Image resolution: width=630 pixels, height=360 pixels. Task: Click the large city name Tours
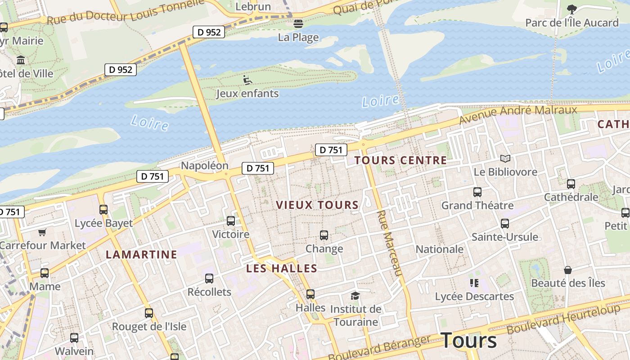469,340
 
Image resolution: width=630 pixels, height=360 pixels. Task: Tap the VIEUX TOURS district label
317,205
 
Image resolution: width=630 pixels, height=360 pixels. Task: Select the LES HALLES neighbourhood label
282,269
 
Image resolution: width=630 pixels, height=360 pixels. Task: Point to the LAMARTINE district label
141,255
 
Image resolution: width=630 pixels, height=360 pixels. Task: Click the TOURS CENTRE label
400,160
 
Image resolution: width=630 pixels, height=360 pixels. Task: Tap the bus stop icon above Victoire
231,221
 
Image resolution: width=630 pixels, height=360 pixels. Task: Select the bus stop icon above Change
324,235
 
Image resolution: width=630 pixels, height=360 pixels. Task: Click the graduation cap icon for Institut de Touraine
355,296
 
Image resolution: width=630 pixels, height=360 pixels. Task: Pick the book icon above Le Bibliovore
505,158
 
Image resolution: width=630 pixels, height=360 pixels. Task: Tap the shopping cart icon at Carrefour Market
42,232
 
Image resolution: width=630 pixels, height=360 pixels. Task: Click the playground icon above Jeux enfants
247,80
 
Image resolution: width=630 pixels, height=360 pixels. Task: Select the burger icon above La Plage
298,24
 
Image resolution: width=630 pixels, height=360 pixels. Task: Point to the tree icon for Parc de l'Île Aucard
572,9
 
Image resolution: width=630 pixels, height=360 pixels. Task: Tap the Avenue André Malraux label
517,114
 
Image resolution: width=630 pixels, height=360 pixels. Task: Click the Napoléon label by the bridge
205,166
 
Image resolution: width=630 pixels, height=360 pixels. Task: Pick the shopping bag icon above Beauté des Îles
568,270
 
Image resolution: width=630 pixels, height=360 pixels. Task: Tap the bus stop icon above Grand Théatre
477,192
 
